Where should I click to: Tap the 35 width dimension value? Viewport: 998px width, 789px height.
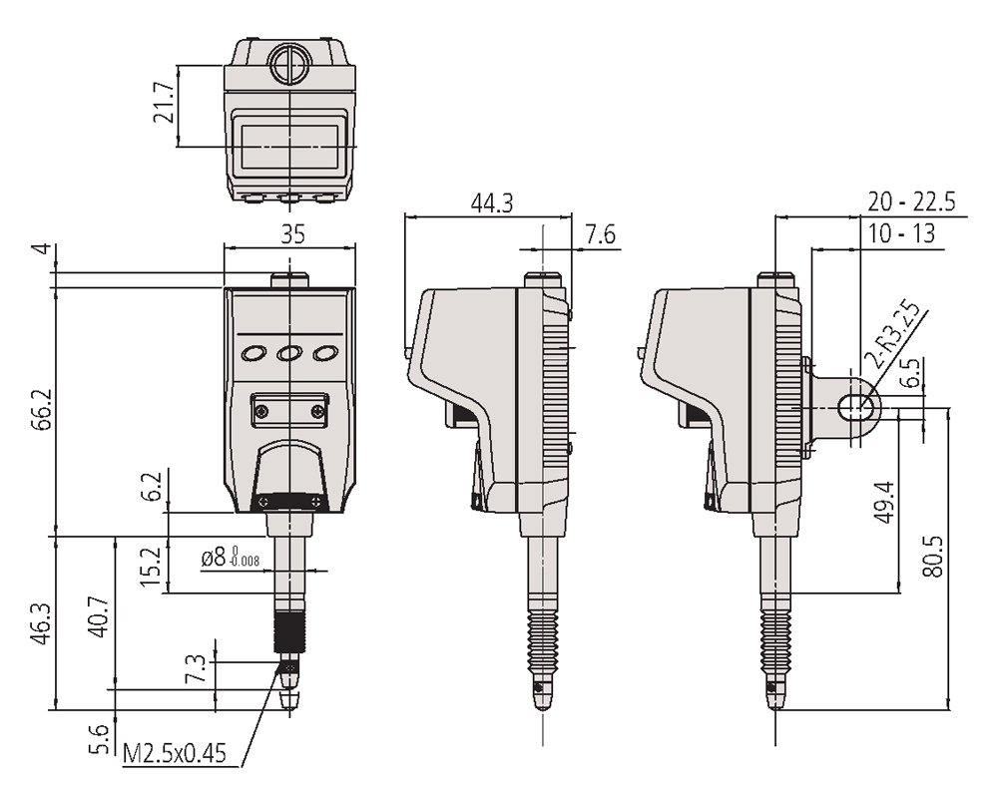[x=292, y=234]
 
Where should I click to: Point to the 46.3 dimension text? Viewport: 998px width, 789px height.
[x=42, y=623]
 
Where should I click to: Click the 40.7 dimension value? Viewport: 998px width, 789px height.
[x=99, y=616]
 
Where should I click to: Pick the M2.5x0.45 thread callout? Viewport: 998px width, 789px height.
[x=175, y=753]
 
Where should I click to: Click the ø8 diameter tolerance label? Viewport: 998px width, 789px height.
[x=230, y=557]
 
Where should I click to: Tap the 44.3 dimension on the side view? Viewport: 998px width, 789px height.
[x=491, y=203]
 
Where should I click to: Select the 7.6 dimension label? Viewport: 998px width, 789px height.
[x=600, y=234]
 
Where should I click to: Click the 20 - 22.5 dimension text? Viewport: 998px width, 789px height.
[x=911, y=201]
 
